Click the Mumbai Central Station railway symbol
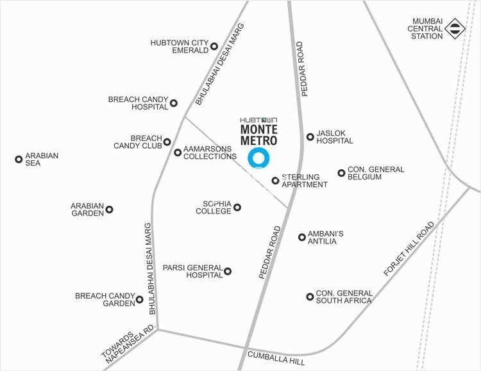455,27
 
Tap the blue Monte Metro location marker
259,158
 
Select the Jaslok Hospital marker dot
310,136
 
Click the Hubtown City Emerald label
180,46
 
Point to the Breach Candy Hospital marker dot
173,102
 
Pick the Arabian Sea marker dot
19,159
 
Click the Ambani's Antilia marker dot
302,238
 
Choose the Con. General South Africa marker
310,297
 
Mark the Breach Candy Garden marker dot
139,299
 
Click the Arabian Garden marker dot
109,210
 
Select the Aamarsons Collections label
208,152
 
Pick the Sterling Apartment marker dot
276,180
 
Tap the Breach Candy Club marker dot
167,142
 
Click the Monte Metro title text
258,133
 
